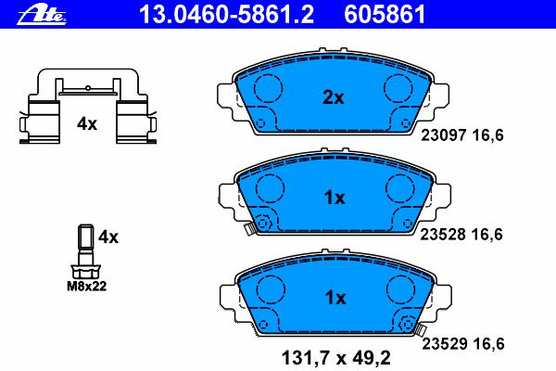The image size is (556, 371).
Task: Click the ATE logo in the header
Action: pos(42,15)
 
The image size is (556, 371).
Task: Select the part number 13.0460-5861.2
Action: pos(227,14)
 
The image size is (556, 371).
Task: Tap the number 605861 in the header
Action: pos(385,14)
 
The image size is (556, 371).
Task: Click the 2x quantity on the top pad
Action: pos(333,97)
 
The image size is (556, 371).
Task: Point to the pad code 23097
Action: pos(443,135)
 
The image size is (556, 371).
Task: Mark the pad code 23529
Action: pos(444,344)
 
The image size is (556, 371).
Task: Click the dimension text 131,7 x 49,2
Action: pos(335,358)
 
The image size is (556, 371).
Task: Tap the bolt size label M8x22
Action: pos(86,287)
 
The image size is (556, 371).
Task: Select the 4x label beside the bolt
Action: pos(108,237)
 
